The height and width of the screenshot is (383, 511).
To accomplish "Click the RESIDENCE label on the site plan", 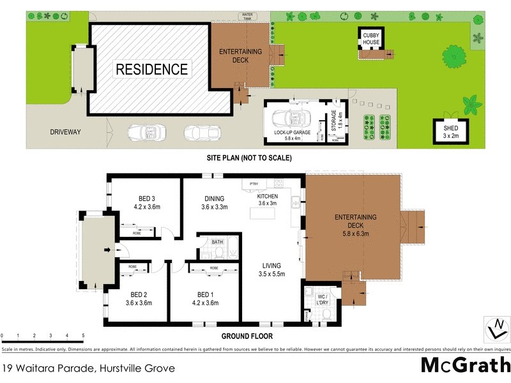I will [x=151, y=69].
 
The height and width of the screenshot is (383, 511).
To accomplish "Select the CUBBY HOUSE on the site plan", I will [x=372, y=38].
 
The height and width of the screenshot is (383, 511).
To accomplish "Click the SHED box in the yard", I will [x=451, y=131].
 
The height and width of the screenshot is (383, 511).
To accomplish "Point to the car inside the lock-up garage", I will [x=291, y=119].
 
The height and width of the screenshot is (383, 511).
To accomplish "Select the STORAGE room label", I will [x=333, y=121].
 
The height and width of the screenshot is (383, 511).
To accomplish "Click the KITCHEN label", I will [x=268, y=200].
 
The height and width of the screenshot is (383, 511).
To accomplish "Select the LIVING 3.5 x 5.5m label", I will [x=271, y=269].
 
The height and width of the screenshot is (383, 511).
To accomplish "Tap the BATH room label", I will [x=218, y=242].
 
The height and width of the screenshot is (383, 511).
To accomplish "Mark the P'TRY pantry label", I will [x=254, y=184].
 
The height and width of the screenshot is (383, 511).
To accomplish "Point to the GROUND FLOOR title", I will [x=247, y=336].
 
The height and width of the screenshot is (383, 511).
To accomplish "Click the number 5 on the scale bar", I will [x=83, y=334].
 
